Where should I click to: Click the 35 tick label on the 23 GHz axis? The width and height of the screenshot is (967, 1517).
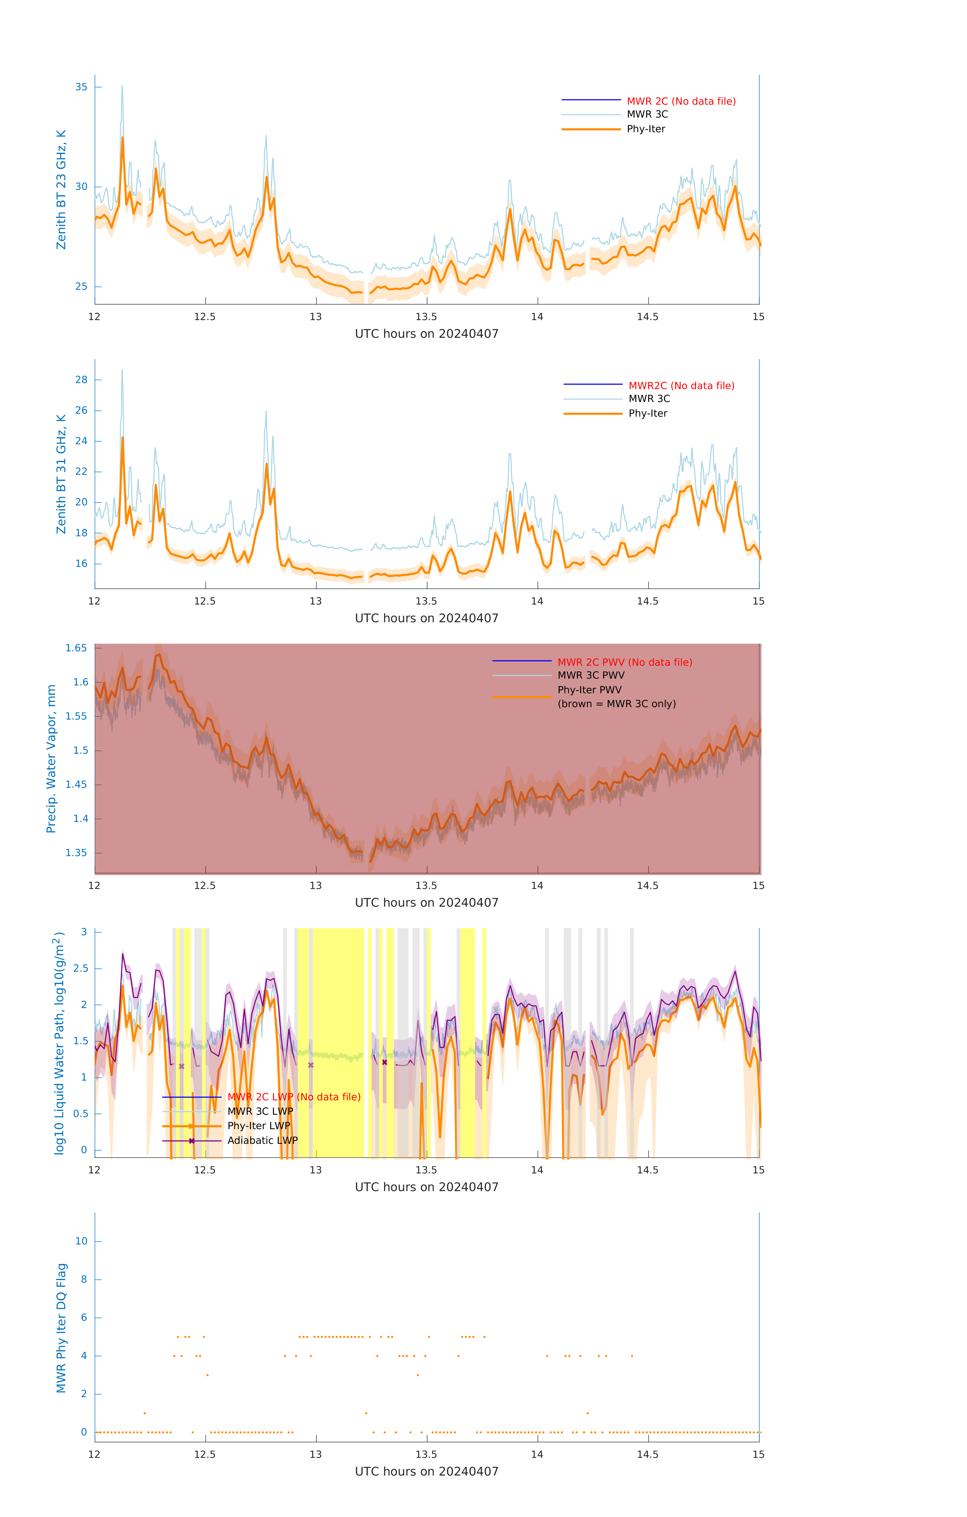[x=81, y=87]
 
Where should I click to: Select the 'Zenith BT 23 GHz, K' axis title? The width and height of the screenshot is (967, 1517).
[x=61, y=190]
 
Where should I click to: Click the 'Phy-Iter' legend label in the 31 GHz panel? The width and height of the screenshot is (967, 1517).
[x=648, y=413]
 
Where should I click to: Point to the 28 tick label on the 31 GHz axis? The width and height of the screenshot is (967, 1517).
[x=81, y=380]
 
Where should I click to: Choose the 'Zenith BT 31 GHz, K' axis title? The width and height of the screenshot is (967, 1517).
[x=61, y=474]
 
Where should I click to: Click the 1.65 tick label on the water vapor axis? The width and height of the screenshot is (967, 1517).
[x=76, y=648]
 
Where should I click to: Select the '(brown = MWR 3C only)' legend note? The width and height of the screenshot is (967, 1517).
[x=616, y=704]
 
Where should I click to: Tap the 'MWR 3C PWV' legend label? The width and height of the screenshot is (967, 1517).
[x=591, y=675]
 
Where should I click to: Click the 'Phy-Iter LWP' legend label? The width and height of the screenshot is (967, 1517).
[x=258, y=1126]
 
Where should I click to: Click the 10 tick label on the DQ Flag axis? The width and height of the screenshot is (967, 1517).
[x=81, y=1241]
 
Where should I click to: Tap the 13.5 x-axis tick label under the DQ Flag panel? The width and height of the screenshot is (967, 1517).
[x=426, y=1454]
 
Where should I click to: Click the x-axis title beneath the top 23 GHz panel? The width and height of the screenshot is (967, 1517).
[x=426, y=334]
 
